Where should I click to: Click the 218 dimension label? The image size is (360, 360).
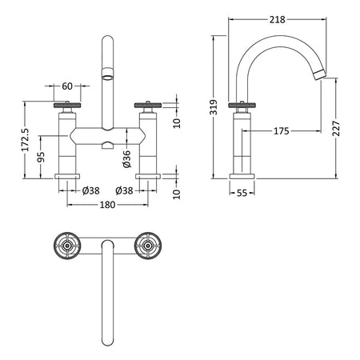(x=277, y=19)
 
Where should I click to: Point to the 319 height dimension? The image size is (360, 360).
(x=214, y=107)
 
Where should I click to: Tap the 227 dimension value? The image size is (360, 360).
(x=336, y=129)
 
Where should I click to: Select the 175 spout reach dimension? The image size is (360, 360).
(x=282, y=131)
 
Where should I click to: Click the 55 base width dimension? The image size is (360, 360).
(x=242, y=193)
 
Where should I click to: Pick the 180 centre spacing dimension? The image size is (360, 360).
(x=107, y=205)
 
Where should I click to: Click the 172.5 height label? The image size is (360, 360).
(x=26, y=140)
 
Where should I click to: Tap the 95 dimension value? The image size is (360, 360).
(x=41, y=157)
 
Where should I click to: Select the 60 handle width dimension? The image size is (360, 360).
(x=67, y=86)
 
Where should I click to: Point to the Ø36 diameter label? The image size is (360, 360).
(x=127, y=159)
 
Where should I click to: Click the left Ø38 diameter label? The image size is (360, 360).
(x=91, y=190)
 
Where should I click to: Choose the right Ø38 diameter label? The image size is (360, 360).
(x=124, y=190)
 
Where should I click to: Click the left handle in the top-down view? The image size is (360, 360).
(x=67, y=246)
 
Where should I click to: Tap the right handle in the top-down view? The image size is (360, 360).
(x=148, y=246)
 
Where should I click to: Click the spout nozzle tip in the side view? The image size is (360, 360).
(x=319, y=74)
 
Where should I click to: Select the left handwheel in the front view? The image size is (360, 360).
(x=67, y=105)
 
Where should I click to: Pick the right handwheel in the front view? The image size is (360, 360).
(x=148, y=105)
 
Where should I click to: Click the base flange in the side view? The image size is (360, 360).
(x=242, y=176)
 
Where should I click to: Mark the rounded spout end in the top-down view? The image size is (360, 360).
(x=108, y=341)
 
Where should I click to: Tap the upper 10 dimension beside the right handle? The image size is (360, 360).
(x=177, y=122)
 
